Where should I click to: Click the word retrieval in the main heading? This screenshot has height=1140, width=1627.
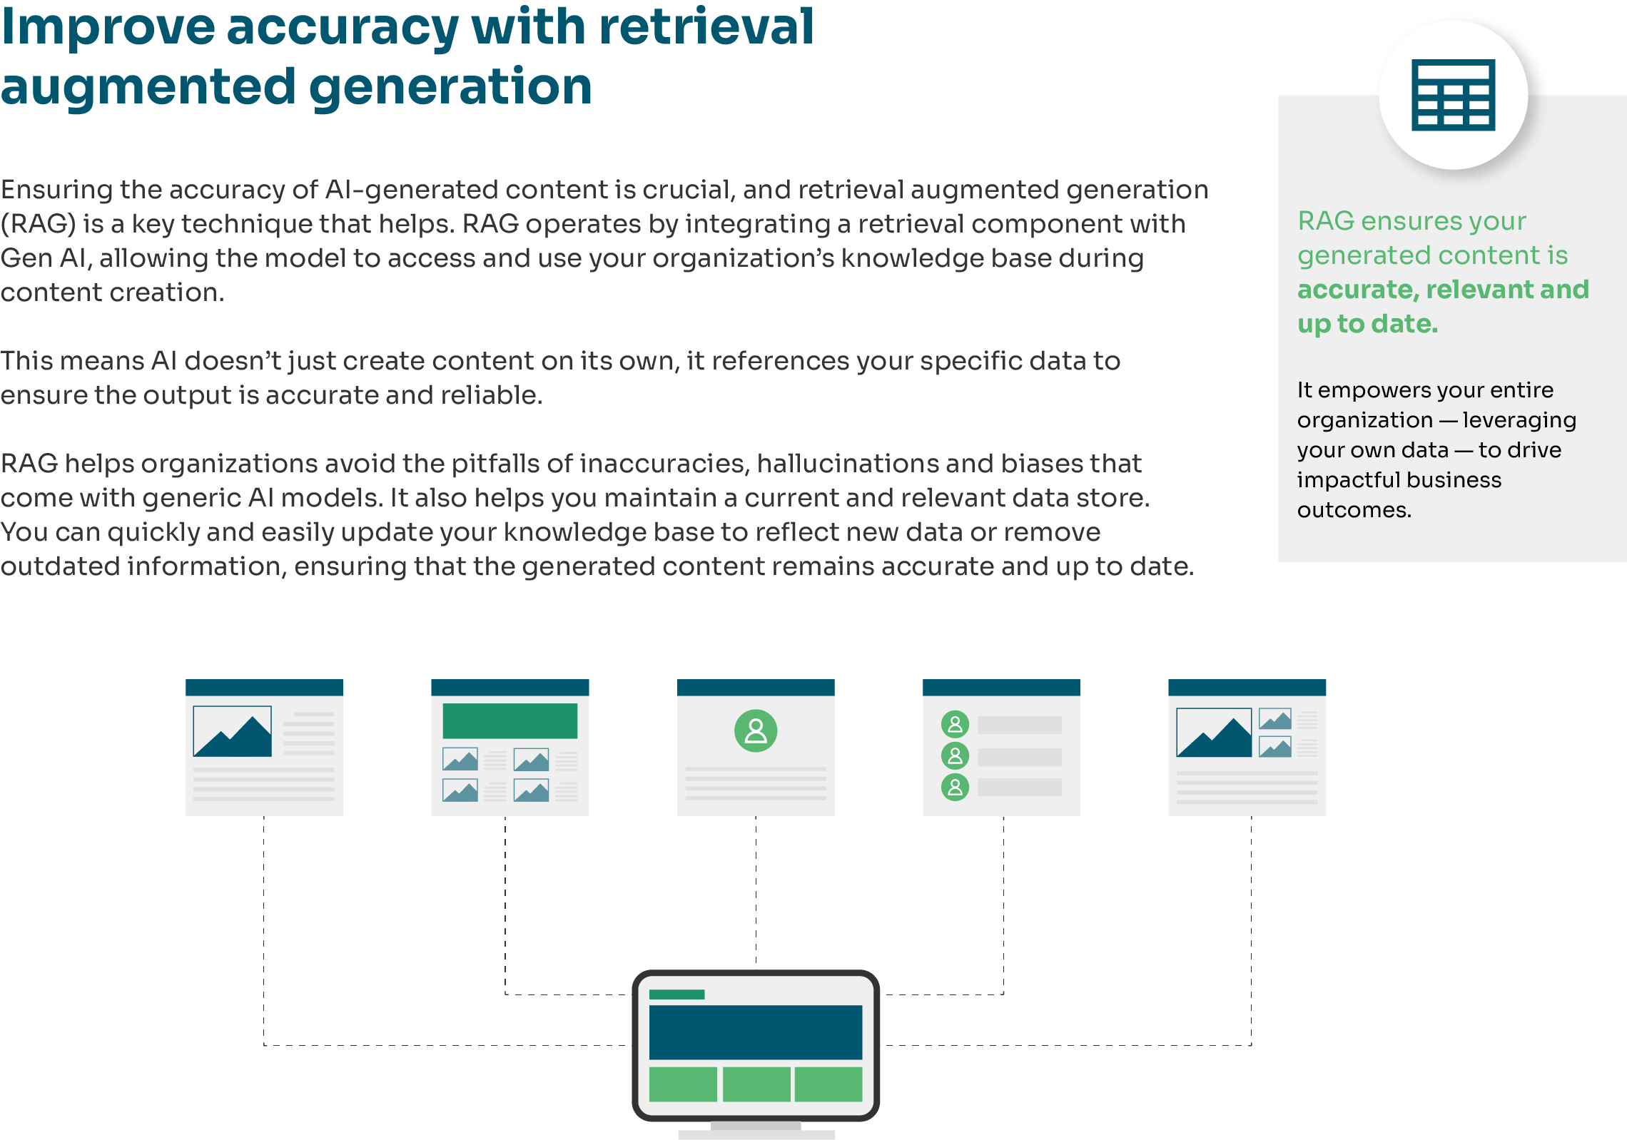706,27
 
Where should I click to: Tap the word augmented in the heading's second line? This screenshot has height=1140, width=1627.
148,87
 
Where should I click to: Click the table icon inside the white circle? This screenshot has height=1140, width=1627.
1453,95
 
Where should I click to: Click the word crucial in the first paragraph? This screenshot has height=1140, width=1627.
688,190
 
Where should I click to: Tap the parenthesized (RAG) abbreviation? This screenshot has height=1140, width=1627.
38,224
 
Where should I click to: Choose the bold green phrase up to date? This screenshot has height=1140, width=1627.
1367,324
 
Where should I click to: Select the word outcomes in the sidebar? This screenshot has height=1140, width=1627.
1354,510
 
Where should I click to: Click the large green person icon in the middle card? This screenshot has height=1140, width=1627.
756,731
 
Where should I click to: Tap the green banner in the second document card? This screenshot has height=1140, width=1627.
510,721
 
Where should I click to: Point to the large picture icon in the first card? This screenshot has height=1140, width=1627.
233,731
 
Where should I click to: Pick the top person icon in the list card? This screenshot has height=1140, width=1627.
955,724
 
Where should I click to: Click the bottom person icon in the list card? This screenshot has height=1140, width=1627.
955,787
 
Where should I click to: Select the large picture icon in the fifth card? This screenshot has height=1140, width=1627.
1214,732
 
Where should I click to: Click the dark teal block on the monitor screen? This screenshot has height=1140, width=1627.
755,1032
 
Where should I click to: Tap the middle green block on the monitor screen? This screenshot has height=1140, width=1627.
756,1084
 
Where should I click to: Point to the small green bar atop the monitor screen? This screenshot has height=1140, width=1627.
676,994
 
